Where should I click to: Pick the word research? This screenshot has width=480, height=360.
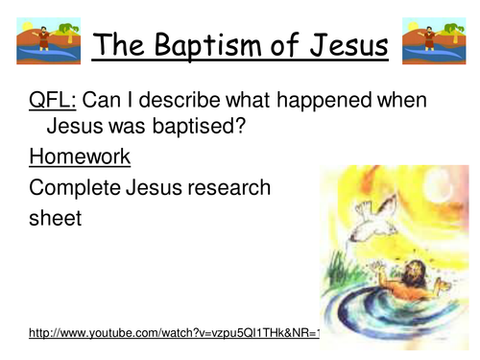(226, 188)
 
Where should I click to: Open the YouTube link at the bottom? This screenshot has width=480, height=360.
(173, 333)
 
